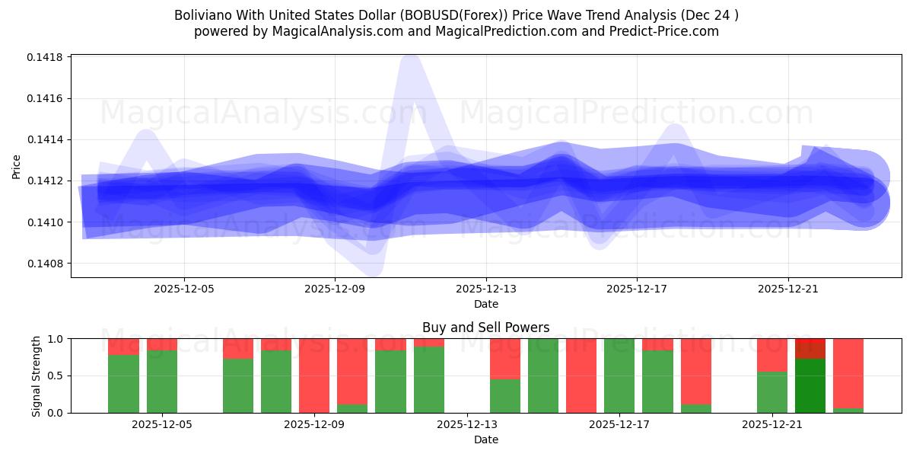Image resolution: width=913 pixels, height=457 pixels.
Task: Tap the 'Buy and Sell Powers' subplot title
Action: pos(485,328)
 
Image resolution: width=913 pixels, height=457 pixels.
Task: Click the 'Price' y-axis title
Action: pos(17,166)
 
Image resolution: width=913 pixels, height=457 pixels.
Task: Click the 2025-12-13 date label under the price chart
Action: pos(485,289)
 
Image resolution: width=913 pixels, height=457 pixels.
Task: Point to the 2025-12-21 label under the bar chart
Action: pos(772,424)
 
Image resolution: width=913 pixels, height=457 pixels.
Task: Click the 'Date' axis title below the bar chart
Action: pos(485,439)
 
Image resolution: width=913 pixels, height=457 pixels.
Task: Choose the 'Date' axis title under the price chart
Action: pos(485,304)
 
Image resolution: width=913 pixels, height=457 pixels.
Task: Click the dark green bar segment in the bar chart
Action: pos(810,385)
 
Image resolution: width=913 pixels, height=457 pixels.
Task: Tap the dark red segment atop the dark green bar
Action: pos(810,348)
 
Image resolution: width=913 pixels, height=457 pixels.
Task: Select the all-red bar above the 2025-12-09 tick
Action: pos(314,376)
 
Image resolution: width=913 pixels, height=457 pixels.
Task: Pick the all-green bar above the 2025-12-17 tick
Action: pos(619,376)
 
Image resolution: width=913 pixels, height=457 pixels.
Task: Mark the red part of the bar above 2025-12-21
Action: pos(772,354)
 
